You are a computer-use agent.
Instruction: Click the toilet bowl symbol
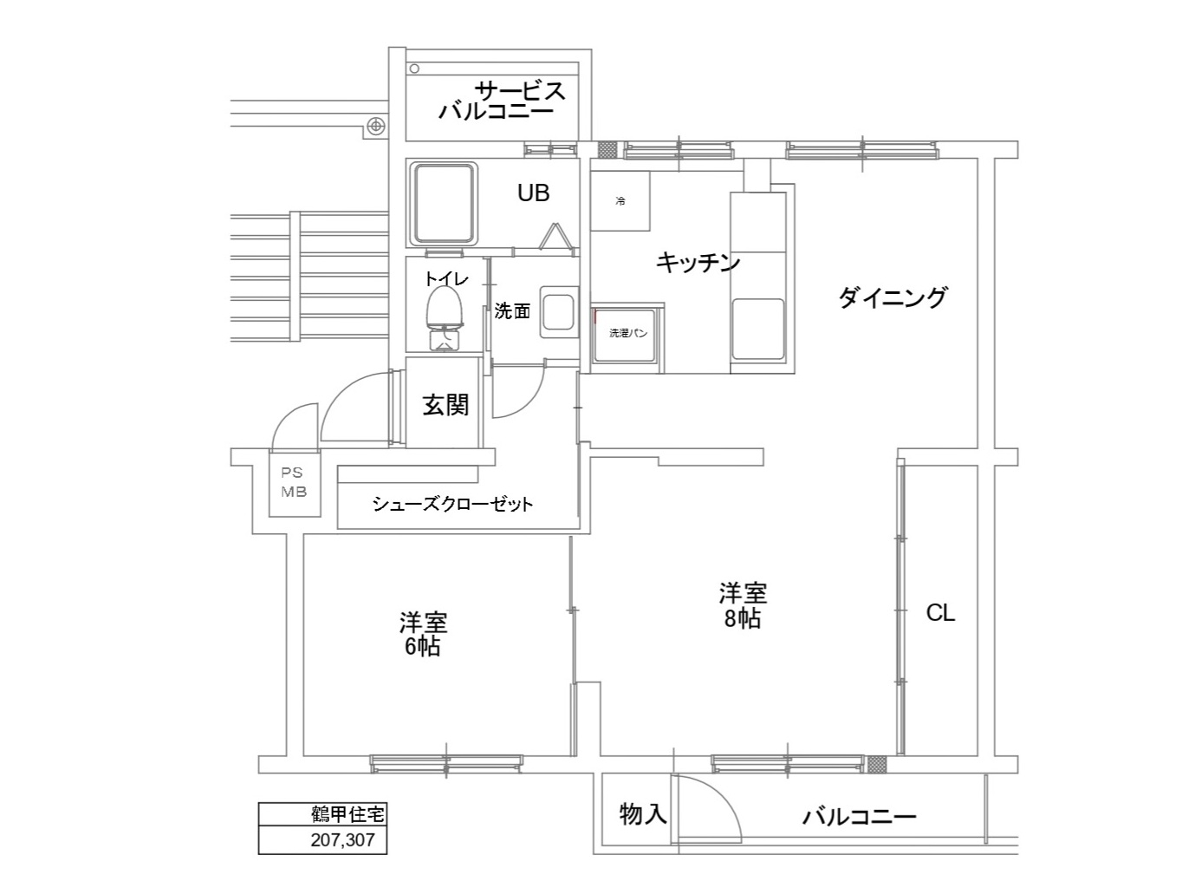(444, 307)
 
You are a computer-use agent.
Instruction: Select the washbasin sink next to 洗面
(558, 311)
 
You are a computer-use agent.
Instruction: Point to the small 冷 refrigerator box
(620, 201)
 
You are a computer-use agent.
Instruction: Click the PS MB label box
(294, 483)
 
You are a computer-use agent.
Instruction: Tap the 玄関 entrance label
(445, 404)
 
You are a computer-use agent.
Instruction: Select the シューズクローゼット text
(452, 504)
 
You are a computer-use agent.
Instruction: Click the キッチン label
(698, 262)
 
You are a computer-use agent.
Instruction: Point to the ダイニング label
(893, 297)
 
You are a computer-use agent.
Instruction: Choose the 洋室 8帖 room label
(743, 605)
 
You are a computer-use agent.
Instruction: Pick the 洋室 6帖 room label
(423, 634)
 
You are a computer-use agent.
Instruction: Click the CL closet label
(940, 613)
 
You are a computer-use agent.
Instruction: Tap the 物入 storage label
(642, 813)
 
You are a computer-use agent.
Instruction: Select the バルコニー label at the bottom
(859, 816)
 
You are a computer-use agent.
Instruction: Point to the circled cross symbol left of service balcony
(376, 126)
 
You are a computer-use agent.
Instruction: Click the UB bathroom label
(533, 193)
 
